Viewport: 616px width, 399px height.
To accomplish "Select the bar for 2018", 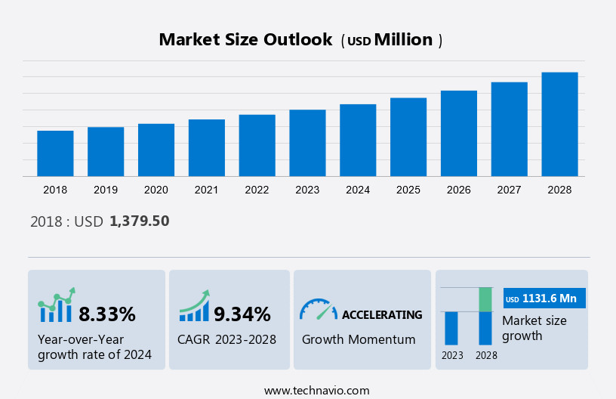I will (55, 153).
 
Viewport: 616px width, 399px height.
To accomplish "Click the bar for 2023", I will (307, 143).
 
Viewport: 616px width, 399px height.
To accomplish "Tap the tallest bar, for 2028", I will (559, 125).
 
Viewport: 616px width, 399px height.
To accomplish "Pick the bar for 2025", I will (408, 137).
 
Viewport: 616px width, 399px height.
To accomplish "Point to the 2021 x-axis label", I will (207, 190).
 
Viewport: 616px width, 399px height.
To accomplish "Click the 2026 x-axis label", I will (459, 190).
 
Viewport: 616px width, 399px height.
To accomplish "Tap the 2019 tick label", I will (106, 190).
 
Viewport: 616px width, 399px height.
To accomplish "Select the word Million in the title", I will (404, 40).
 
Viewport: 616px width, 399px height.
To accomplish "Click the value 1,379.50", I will (139, 221).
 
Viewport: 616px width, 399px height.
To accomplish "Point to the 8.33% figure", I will (107, 314).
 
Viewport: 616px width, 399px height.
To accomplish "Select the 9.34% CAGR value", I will (242, 314).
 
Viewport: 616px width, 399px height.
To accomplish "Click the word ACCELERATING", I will (382, 314).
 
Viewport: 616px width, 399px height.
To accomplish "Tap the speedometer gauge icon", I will (318, 309).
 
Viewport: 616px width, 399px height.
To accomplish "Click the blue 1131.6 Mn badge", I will (544, 298).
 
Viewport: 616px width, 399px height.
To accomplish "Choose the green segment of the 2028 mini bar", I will (485, 299).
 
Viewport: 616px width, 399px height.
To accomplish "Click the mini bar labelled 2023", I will (451, 328).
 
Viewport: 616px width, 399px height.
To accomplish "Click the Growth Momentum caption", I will (359, 339).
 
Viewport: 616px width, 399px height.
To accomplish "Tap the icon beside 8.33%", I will (57, 305).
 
